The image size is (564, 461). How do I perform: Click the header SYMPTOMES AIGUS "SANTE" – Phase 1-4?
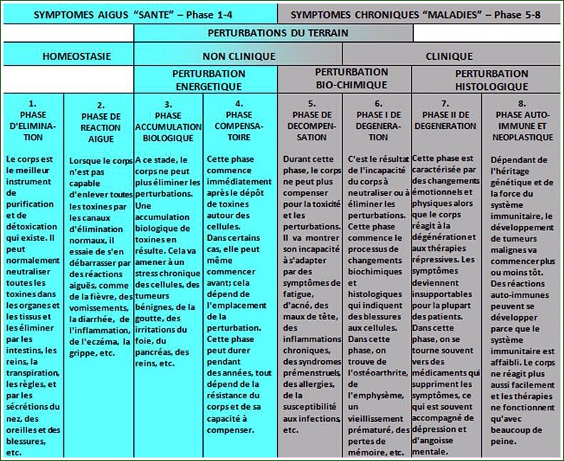pos(139,13)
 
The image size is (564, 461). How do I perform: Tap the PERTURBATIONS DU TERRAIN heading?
pos(278,33)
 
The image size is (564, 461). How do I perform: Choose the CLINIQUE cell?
pos(449,56)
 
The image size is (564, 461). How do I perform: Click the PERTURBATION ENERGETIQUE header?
pos(209,80)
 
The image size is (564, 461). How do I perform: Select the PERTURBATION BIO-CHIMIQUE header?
pos(352,78)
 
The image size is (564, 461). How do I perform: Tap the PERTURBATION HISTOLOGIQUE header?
pos(491,80)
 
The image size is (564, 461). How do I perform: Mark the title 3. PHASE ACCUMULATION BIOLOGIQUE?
pos(168,120)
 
